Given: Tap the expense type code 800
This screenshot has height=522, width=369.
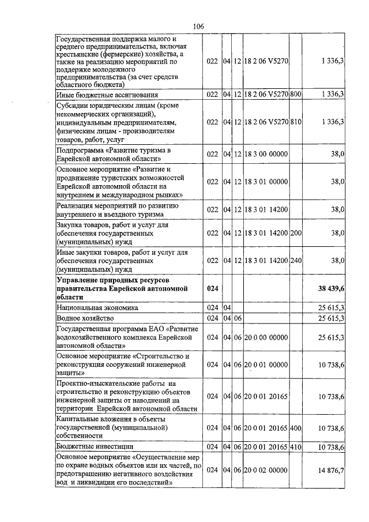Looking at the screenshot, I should point(296,94).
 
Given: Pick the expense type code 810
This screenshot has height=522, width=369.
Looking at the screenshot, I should point(296,122).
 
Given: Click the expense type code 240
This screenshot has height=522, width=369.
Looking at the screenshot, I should point(296,260).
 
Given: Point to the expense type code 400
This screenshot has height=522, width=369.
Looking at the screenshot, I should point(296,427).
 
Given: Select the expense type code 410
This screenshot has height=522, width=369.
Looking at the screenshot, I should point(296,446).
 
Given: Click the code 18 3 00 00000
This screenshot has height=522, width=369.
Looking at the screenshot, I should point(266,153).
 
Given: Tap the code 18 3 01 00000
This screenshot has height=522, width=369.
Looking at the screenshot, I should point(266,182).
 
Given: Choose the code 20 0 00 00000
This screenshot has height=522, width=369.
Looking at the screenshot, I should point(266,337).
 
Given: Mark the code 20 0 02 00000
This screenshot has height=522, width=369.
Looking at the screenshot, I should point(266,471).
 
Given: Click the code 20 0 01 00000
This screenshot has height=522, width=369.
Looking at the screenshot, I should point(266,365).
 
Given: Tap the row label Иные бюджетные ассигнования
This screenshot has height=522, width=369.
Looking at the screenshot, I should point(107,94).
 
